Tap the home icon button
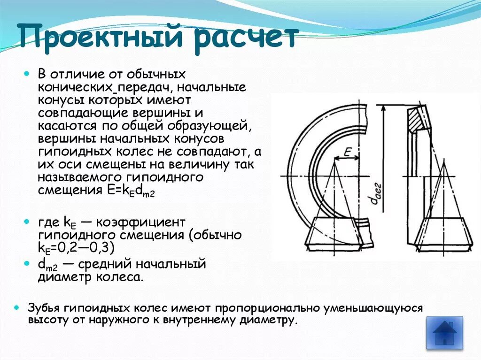[444, 333]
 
